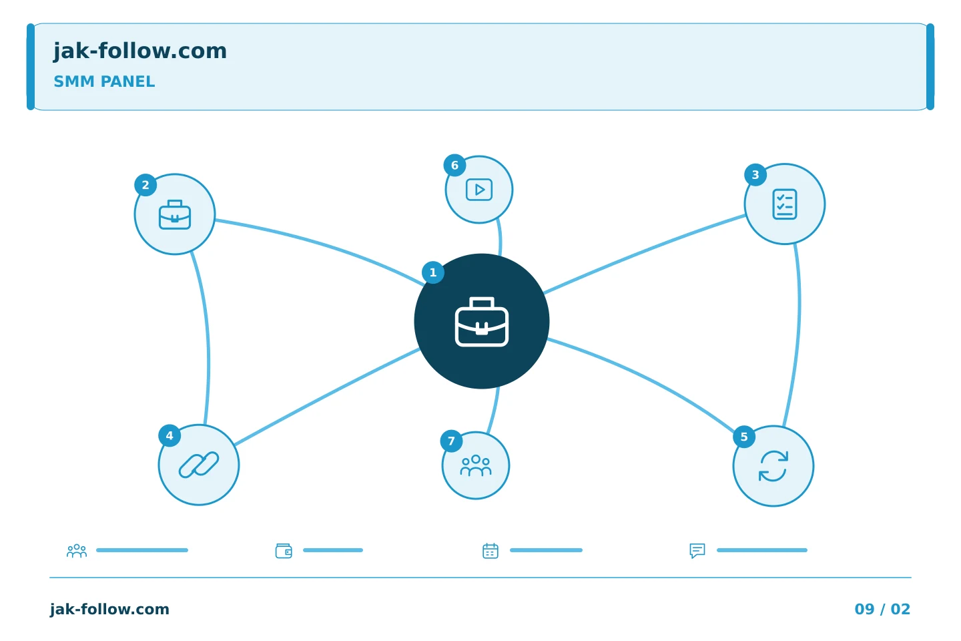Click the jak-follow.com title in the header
point(140,51)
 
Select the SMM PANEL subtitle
point(104,81)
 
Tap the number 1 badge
point(433,272)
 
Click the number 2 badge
point(145,185)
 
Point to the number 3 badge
point(755,175)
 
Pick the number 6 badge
point(454,166)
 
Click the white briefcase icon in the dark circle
point(482,322)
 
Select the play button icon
point(479,190)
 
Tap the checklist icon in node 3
point(785,204)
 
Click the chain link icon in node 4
point(199,465)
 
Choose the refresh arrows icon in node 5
point(773,466)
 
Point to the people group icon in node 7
point(476,465)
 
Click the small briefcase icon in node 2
point(175,215)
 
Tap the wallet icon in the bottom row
point(284,551)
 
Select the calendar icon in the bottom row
point(491,551)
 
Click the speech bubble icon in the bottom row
point(697,551)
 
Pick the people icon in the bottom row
point(77,551)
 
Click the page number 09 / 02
point(882,609)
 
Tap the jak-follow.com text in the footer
point(109,610)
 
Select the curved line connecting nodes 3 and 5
point(799,335)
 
